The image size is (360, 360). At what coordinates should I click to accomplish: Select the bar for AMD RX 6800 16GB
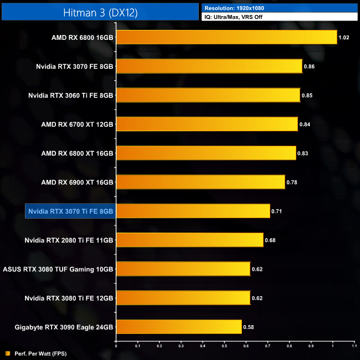tap(226, 37)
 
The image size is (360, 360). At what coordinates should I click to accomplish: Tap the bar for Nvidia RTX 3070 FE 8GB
tap(209, 66)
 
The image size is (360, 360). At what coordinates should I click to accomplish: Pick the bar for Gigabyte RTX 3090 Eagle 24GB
tap(178, 327)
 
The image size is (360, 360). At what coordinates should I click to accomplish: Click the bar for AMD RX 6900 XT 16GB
tap(200, 182)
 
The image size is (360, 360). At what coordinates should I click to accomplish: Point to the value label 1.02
tap(344, 38)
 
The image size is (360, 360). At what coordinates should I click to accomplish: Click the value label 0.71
tap(277, 211)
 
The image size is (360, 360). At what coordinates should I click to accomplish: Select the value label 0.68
tap(270, 240)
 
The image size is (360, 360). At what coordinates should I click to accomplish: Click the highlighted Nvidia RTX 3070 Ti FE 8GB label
tap(70, 211)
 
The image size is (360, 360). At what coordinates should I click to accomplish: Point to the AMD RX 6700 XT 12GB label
tap(77, 124)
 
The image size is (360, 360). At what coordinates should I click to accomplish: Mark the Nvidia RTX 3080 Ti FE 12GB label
tap(69, 298)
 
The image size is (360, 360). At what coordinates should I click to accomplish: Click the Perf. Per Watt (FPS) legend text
tap(37, 353)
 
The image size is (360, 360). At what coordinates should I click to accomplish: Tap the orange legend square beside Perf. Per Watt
tap(7, 353)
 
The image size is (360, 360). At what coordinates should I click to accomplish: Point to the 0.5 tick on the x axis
tap(224, 346)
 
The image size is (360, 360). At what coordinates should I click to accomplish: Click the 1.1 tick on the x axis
tap(354, 346)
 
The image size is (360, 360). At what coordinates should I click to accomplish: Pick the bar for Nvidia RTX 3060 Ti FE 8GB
tap(208, 95)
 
